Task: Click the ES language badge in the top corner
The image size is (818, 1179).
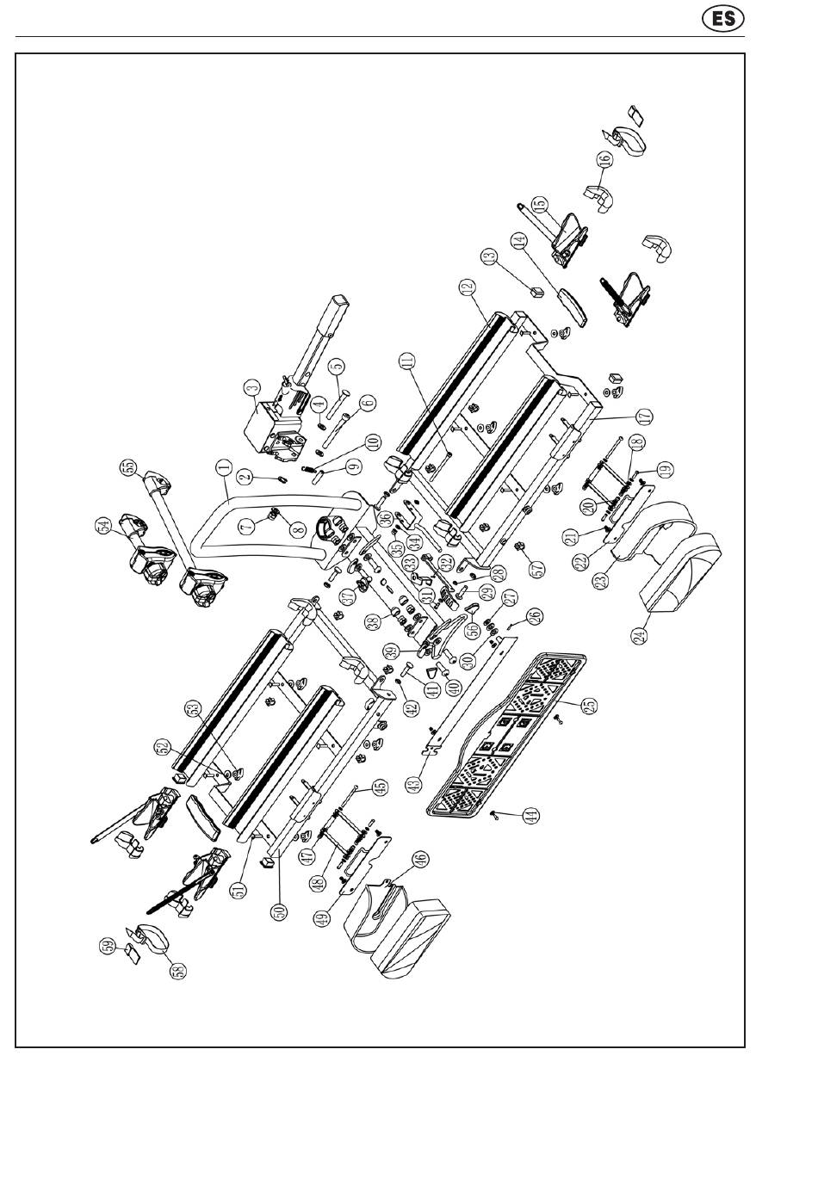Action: pos(723,18)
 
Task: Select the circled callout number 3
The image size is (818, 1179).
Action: pos(251,388)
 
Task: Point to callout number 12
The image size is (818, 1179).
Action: pos(468,287)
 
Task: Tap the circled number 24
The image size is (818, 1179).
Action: pos(639,636)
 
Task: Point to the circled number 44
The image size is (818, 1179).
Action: pos(532,815)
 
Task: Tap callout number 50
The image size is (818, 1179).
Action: pos(278,909)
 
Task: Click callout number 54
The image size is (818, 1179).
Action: pos(104,524)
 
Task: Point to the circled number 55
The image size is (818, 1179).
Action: pos(129,469)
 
